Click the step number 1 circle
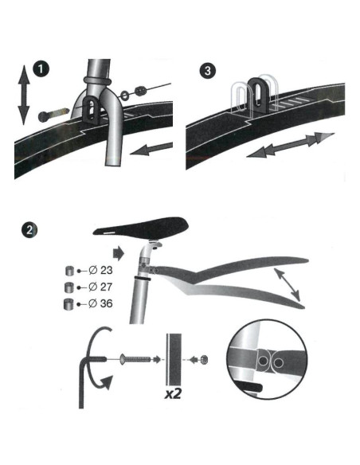(x=41, y=70)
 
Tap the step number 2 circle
(x=29, y=230)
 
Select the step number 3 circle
(x=207, y=71)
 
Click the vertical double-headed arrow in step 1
(x=24, y=95)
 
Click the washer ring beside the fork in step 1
(x=125, y=95)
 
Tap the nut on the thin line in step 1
(x=139, y=90)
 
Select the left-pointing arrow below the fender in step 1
(x=151, y=149)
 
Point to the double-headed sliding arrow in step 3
(x=291, y=145)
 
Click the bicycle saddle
(x=140, y=229)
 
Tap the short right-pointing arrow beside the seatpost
(x=119, y=254)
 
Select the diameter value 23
(x=107, y=271)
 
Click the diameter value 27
(x=107, y=287)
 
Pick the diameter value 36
(x=107, y=303)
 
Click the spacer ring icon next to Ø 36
(x=68, y=304)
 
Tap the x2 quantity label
(x=173, y=393)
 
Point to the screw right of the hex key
(x=135, y=360)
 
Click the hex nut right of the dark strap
(x=204, y=360)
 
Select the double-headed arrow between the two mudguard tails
(x=287, y=284)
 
